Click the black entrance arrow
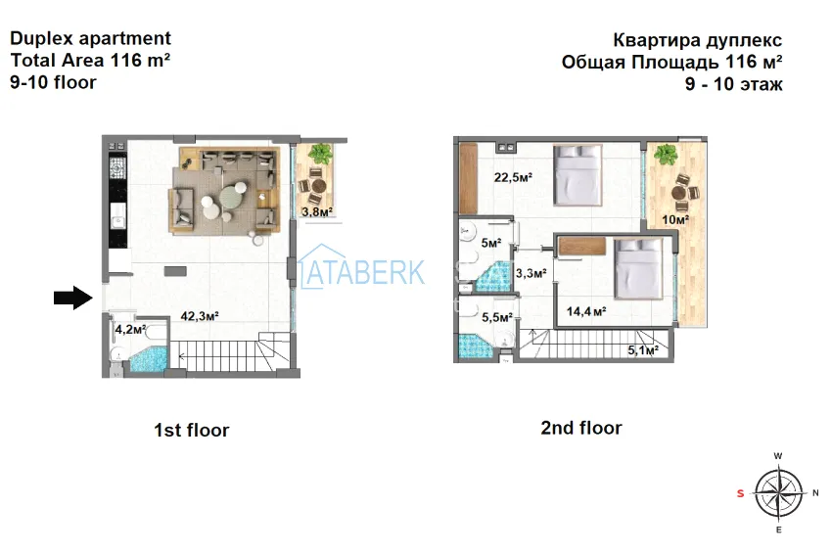click(x=73, y=298)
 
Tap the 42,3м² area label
click(x=200, y=316)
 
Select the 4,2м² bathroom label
click(x=130, y=330)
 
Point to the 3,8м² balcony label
click(x=317, y=212)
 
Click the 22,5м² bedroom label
click(x=513, y=177)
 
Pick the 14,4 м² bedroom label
click(x=586, y=311)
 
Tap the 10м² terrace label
click(x=675, y=219)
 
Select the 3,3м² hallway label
click(x=532, y=273)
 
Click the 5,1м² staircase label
click(x=643, y=349)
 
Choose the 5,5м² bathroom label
click(x=497, y=317)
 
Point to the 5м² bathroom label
click(x=491, y=243)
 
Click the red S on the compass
click(x=740, y=493)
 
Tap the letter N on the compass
click(x=815, y=493)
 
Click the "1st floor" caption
click(x=192, y=430)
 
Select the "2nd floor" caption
click(x=581, y=428)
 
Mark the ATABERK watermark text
click(x=362, y=271)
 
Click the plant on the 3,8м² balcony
click(x=320, y=154)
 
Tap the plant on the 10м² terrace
click(x=666, y=155)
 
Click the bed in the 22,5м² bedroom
click(x=578, y=174)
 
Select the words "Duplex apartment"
click(x=91, y=39)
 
